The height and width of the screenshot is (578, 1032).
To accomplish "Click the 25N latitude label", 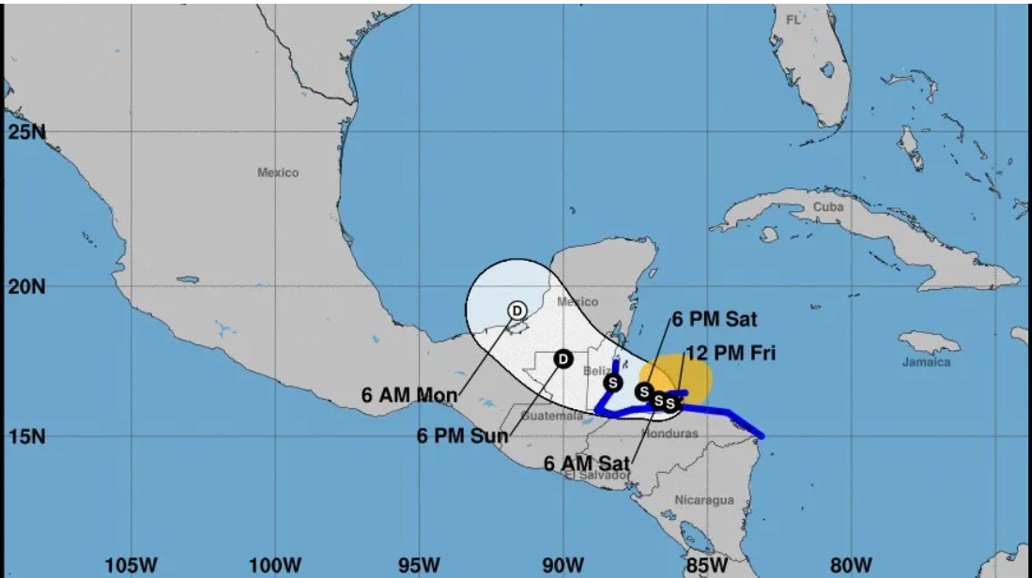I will pos(25,131).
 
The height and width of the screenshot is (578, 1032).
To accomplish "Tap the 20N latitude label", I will pos(25,285).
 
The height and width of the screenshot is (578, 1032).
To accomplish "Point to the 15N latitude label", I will pos(25,436).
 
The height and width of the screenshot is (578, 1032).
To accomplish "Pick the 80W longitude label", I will pos(853,564).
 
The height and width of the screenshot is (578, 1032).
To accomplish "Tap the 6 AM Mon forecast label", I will pos(409,395).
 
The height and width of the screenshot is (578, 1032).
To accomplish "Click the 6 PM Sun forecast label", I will pos(463,435).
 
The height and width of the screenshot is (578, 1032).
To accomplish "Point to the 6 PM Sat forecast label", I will pos(714,320).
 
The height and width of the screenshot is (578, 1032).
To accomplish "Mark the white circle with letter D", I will pos(516,310).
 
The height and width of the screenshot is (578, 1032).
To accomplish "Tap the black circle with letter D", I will pos(562,358).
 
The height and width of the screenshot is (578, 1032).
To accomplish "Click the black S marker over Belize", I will pos(613,382).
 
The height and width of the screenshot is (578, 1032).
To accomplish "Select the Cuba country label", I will pos(829,206).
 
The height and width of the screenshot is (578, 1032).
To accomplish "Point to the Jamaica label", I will pos(926,361).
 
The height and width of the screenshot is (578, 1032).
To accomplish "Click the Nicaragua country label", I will pos(703,500).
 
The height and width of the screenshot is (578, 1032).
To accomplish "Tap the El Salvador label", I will pos(596,476).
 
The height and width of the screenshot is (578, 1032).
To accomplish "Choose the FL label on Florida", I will pos(793,20).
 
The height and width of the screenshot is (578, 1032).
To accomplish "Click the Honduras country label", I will pos(670,433).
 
